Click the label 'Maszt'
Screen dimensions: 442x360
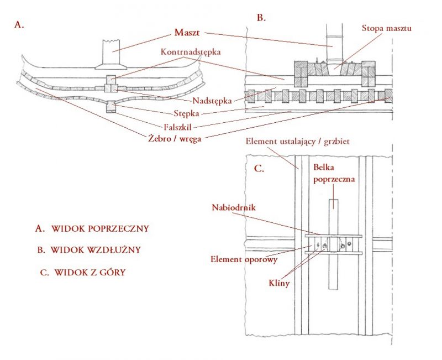(x=187, y=33)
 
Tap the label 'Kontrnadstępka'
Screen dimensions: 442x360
(x=191, y=52)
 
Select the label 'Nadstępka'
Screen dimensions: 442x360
(x=212, y=101)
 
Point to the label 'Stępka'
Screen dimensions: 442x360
(x=186, y=113)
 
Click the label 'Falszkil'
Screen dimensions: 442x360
(x=177, y=127)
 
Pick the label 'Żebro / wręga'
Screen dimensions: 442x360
(x=175, y=139)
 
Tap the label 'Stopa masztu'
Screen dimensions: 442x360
(x=386, y=28)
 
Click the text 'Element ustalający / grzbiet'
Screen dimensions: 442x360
(x=297, y=141)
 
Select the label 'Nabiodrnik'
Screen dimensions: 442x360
(x=234, y=207)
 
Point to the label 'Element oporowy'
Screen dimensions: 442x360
(x=244, y=259)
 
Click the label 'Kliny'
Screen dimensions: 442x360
(x=279, y=283)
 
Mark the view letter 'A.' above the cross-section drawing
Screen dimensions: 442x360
(x=19, y=25)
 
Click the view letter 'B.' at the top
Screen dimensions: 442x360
(x=261, y=18)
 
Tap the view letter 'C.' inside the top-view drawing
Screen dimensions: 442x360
(x=259, y=169)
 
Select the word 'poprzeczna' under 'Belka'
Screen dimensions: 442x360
(x=334, y=179)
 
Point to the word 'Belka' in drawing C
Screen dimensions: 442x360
(x=324, y=168)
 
